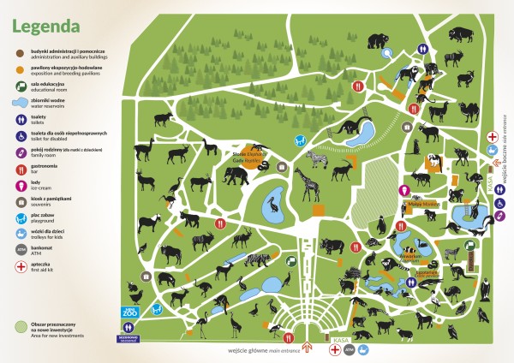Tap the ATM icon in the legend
pos(20,249)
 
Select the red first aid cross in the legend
pos(20,266)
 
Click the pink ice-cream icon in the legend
pos(20,182)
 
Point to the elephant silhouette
pos(235,176)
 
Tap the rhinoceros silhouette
pos(329,246)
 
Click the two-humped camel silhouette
pos(470,111)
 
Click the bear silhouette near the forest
pos(378,39)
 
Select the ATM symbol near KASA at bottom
pos(350,350)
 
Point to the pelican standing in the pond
pos(273,205)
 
